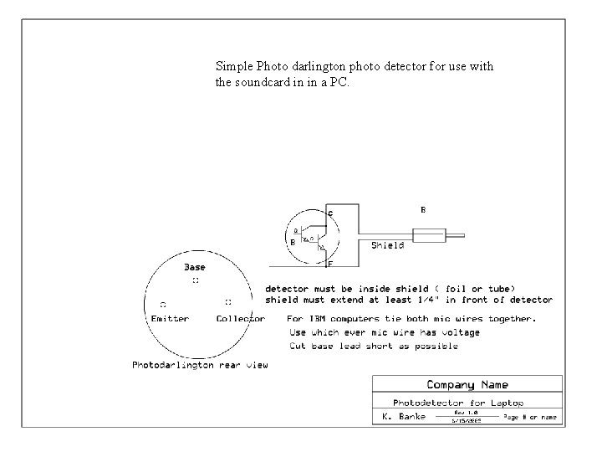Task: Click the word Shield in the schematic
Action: (x=388, y=245)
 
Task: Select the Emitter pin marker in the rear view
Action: (x=162, y=303)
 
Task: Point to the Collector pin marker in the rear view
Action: (x=228, y=301)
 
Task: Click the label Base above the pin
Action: (x=194, y=268)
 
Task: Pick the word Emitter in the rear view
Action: (x=170, y=318)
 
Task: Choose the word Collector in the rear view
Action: (x=240, y=318)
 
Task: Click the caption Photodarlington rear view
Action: (x=201, y=365)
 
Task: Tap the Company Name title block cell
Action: (x=467, y=385)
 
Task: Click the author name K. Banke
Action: (x=404, y=416)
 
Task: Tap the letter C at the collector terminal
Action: (x=330, y=214)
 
